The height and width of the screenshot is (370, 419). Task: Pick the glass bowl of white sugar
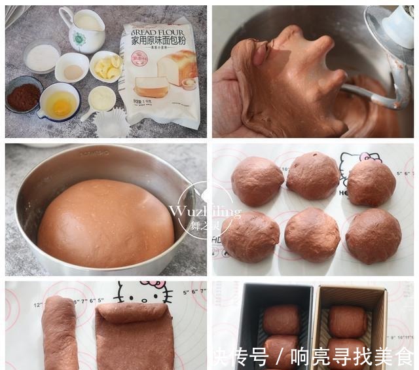tap(42, 58)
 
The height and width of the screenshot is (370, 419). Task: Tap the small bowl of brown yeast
tap(71, 68)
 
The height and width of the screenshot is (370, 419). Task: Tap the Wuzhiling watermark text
tap(204, 212)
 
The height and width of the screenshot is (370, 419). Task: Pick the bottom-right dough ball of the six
tap(373, 236)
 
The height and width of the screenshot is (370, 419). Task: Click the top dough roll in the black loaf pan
tap(282, 320)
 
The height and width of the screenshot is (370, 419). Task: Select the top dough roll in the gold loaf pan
tap(348, 321)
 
